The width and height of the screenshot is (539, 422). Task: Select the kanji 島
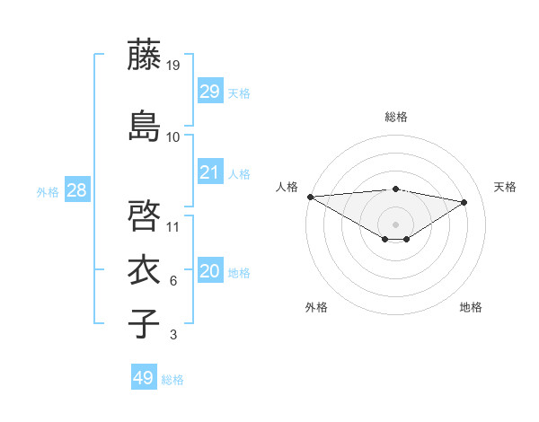(144, 125)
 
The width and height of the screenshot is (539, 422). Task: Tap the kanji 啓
(144, 215)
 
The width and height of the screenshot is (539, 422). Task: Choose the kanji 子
(144, 323)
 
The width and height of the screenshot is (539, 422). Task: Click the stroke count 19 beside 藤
(173, 66)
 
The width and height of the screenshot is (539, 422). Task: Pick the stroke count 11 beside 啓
(173, 226)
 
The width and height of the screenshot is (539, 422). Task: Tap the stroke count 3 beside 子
(173, 336)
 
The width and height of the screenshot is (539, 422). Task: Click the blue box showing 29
(209, 91)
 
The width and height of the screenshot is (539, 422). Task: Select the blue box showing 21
(209, 172)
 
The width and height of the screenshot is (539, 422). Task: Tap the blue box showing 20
(209, 272)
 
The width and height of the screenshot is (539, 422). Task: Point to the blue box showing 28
(76, 189)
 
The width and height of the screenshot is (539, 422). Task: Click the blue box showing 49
(144, 378)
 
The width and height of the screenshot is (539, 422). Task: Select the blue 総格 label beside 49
(173, 380)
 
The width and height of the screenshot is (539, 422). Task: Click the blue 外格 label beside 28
(48, 191)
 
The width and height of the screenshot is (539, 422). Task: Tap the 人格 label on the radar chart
(287, 187)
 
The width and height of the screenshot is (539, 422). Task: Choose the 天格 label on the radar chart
(505, 187)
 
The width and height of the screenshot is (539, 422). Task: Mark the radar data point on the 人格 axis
(310, 197)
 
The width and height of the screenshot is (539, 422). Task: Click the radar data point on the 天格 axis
(464, 202)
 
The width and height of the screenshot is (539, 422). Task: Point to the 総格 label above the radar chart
(395, 117)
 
